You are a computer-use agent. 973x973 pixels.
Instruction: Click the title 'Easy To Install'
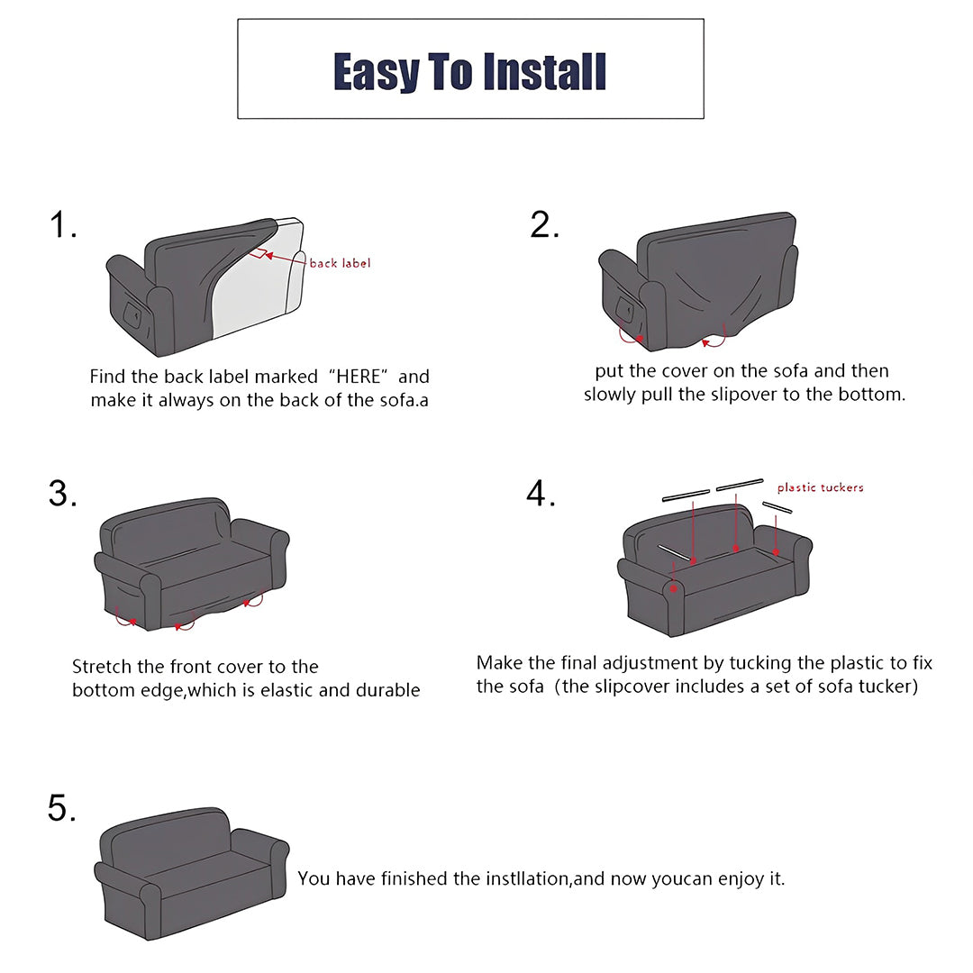click(x=469, y=71)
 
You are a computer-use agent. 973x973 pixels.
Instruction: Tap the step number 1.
click(x=62, y=225)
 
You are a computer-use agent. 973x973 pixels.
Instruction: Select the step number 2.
click(x=544, y=225)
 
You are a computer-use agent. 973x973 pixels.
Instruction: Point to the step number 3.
click(x=62, y=494)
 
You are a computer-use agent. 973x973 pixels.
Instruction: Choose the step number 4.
click(x=541, y=494)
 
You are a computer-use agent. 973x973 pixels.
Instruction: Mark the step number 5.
click(x=62, y=808)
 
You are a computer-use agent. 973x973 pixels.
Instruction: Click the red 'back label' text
click(x=340, y=263)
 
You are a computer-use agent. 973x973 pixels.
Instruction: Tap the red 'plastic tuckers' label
click(x=820, y=487)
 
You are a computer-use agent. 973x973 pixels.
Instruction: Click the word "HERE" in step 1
click(x=359, y=377)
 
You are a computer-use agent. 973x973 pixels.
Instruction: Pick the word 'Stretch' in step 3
click(x=103, y=667)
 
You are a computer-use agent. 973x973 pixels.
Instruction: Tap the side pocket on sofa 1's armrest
click(x=132, y=316)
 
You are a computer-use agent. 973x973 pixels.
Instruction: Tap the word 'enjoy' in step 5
click(x=741, y=878)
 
